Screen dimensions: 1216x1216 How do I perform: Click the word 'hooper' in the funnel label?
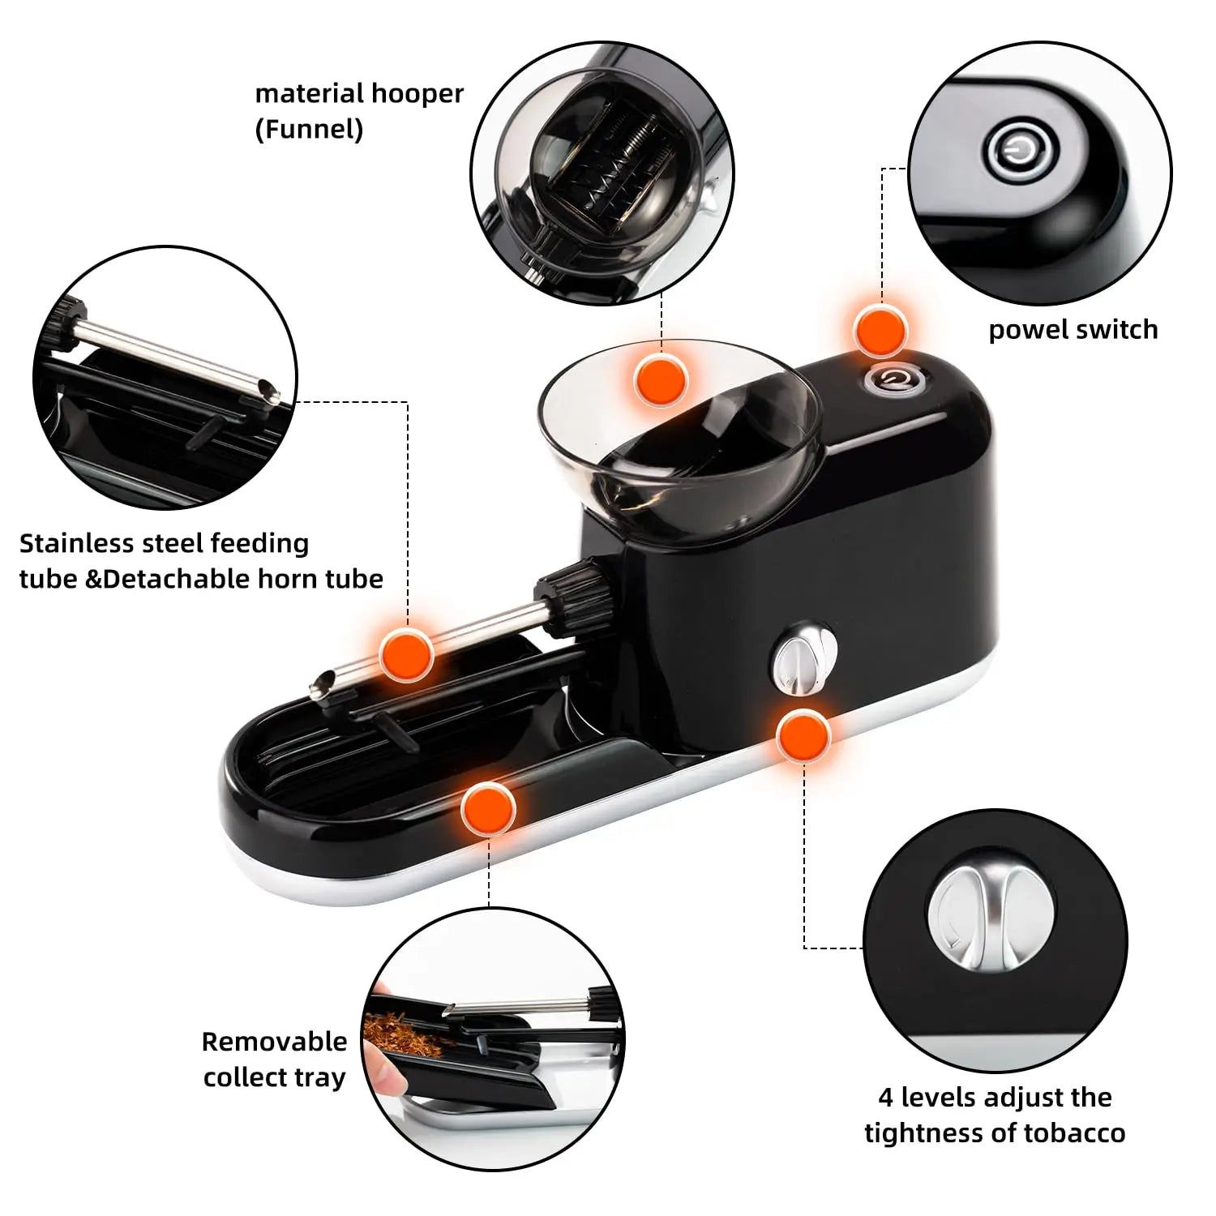click(x=416, y=95)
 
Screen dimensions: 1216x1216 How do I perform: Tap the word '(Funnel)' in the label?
click(x=309, y=130)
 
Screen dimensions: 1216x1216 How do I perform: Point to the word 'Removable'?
click(x=274, y=1042)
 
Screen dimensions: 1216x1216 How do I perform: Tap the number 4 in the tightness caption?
click(x=886, y=1098)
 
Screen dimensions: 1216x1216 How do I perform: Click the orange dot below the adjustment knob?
click(x=803, y=736)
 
